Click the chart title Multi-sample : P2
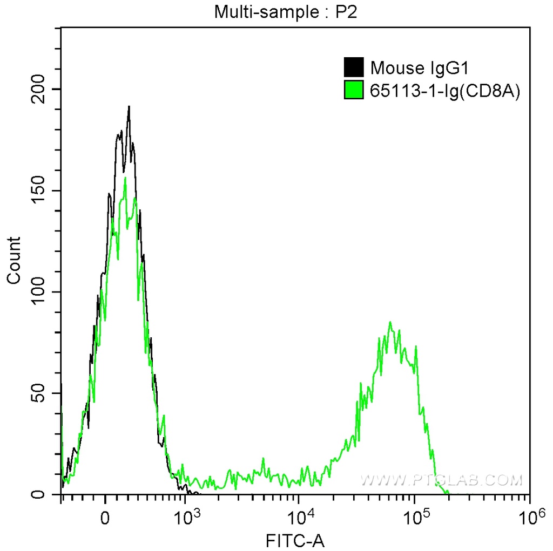pos(286,11)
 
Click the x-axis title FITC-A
pos(295,539)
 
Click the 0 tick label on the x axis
pos(106,516)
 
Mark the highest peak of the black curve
pos(129,107)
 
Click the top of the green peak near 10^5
pos(390,323)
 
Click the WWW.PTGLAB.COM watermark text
pos(441,479)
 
